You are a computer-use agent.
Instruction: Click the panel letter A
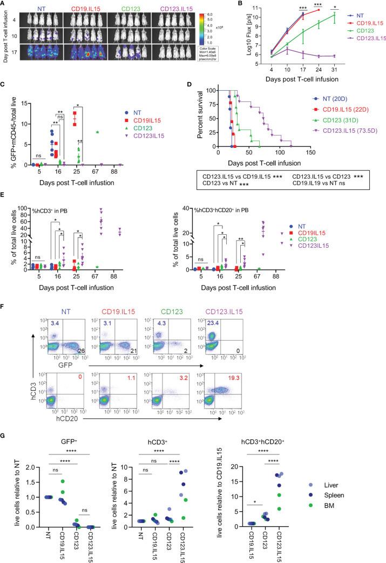(4, 4)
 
